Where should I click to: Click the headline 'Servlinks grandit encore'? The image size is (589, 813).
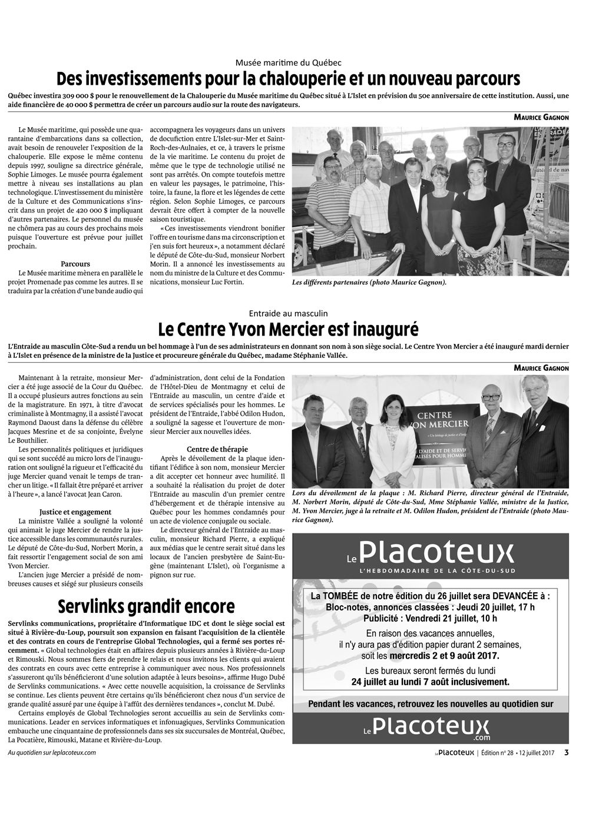(x=146, y=606)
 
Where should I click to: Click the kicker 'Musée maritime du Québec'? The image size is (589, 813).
(x=289, y=62)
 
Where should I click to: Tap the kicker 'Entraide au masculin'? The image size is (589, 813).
(x=289, y=314)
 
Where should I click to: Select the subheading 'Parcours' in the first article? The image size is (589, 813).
(x=75, y=264)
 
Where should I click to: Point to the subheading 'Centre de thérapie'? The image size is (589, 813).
(x=217, y=449)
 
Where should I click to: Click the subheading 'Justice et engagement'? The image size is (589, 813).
(x=75, y=512)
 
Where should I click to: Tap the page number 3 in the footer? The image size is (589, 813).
(x=566, y=752)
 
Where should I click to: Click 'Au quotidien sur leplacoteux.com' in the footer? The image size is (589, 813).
(x=52, y=752)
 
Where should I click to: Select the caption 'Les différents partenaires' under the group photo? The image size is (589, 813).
(x=369, y=283)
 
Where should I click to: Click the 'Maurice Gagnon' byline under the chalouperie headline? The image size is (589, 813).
(x=541, y=117)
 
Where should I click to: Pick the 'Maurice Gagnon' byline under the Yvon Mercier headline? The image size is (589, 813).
(x=541, y=368)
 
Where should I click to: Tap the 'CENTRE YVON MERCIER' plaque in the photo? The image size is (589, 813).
(x=442, y=424)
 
